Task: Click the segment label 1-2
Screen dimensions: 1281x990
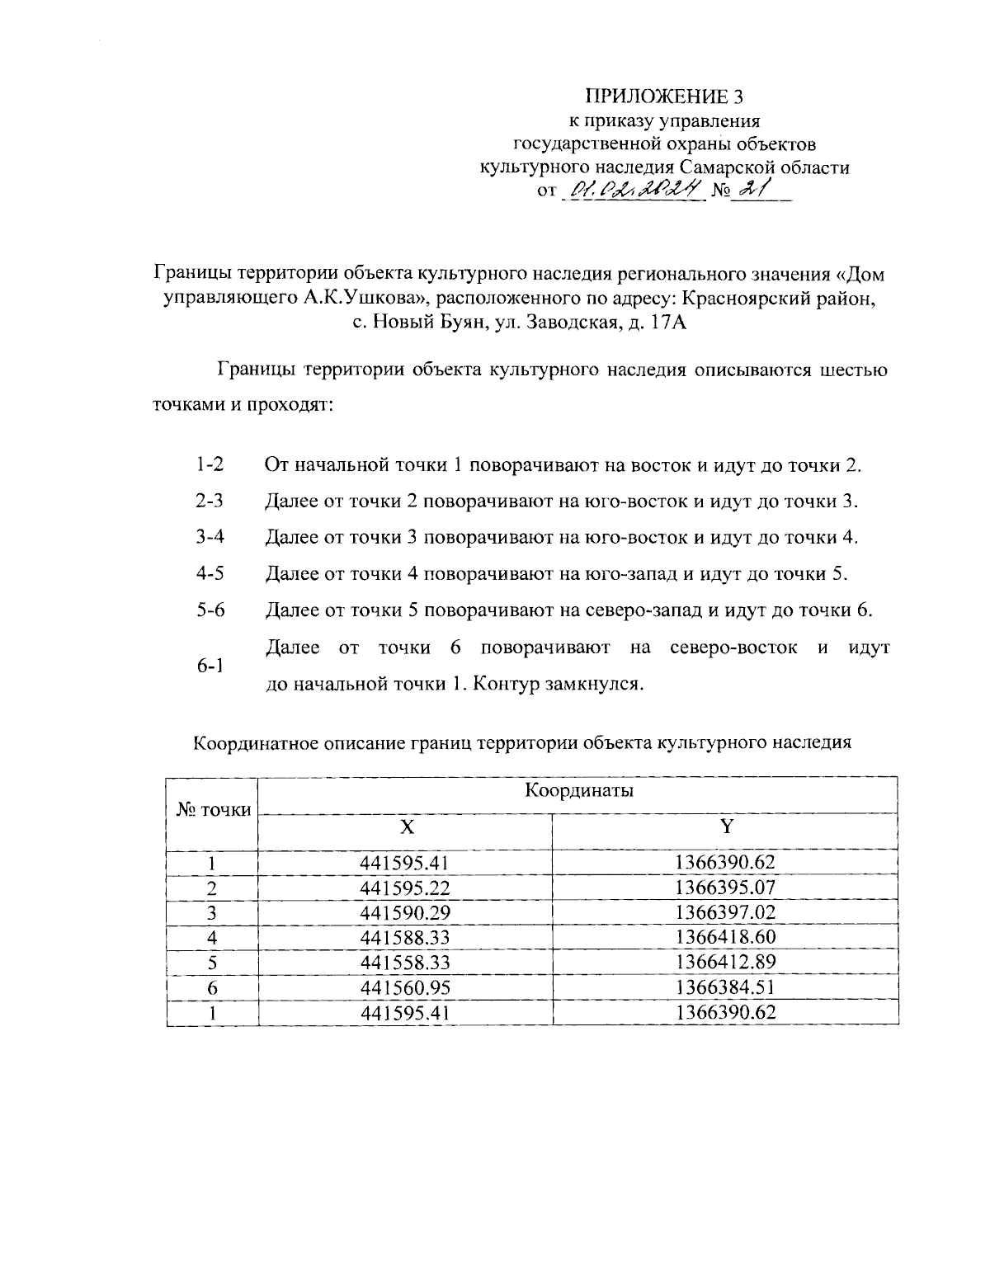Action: click(x=210, y=464)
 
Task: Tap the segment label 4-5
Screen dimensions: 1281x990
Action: click(x=210, y=573)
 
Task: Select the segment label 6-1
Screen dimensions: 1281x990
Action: click(x=210, y=666)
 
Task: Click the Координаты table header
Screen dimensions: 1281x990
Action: click(x=579, y=791)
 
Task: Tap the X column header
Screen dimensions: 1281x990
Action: click(x=406, y=827)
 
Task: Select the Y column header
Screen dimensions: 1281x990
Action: click(x=725, y=827)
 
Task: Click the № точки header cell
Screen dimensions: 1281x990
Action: click(x=214, y=810)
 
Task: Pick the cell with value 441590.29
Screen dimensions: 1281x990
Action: click(x=406, y=912)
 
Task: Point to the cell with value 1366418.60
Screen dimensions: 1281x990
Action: click(x=725, y=937)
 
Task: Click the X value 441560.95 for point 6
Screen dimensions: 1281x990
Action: click(x=406, y=987)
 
